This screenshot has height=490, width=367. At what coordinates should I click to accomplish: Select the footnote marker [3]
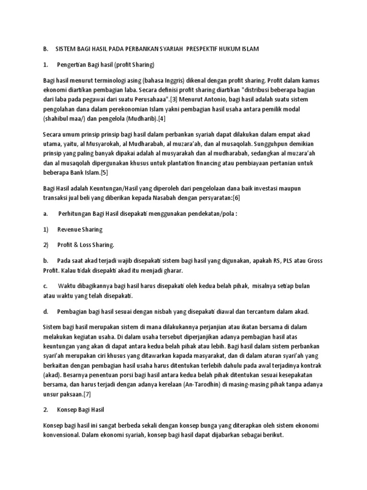175,99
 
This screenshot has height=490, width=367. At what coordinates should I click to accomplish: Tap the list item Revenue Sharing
80,229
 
